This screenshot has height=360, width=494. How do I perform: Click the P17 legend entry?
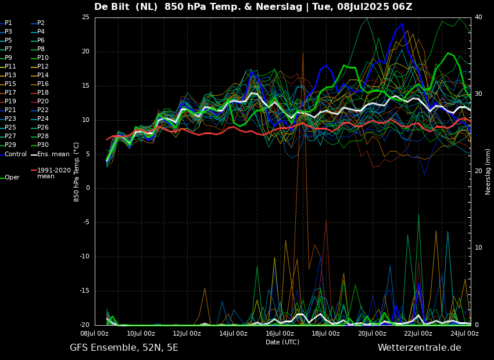coord(10,93)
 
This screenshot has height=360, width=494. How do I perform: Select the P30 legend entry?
coord(43,145)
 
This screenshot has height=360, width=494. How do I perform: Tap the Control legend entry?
coord(15,154)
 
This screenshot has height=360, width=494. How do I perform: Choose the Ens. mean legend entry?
coord(53,154)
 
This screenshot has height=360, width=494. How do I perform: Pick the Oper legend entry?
coord(12,178)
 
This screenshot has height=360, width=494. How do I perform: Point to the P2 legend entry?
coord(41,23)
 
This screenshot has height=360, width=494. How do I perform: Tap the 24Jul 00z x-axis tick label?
coord(464,334)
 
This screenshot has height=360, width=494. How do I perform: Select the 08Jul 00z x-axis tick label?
coord(94,334)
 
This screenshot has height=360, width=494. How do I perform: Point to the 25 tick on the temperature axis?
coord(85,17)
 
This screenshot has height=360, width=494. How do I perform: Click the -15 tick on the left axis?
coord(84,291)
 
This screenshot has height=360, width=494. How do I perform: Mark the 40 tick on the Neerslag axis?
coord(478,17)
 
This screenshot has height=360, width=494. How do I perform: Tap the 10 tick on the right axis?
coord(478,248)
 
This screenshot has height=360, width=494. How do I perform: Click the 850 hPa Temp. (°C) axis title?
coord(77,171)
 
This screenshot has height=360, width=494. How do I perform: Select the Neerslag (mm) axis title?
coord(488,171)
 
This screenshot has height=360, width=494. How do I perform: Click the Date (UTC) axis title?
coord(282,343)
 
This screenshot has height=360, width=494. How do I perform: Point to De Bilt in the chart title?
coord(113,7)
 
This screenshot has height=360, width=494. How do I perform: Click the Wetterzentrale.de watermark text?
coord(419,348)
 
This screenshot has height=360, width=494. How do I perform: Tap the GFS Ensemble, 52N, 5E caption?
coord(124,348)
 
